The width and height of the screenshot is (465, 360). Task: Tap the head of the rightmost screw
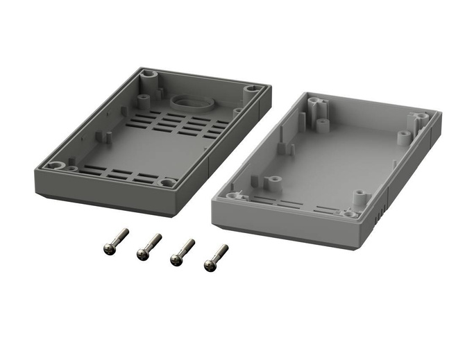click(209, 264)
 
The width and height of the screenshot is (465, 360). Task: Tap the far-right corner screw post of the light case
click(422, 116)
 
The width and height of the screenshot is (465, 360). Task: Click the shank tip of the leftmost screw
click(126, 231)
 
